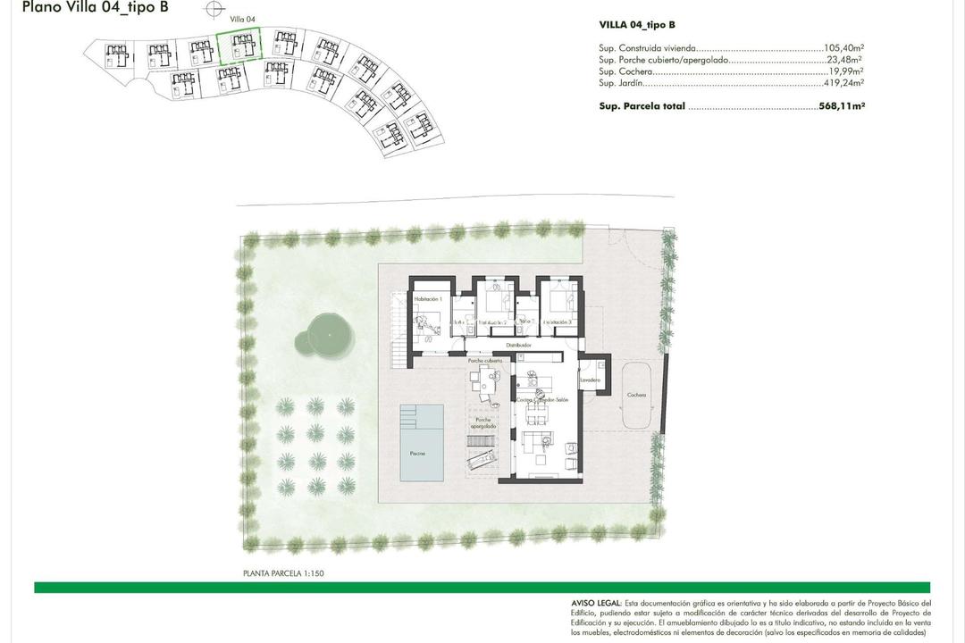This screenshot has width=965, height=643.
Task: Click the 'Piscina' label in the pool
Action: pyautogui.click(x=417, y=454)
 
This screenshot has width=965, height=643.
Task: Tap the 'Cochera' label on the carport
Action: pyautogui.click(x=635, y=395)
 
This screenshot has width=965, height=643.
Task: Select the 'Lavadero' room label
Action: pyautogui.click(x=589, y=380)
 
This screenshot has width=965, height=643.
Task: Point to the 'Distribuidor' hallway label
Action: pyautogui.click(x=519, y=344)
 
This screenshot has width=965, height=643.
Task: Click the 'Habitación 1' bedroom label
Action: pyautogui.click(x=428, y=299)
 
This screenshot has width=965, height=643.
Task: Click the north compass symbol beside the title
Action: pyautogui.click(x=213, y=10)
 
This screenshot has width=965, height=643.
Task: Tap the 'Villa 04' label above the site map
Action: pyautogui.click(x=243, y=19)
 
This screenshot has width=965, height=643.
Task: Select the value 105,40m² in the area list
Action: pyautogui.click(x=844, y=49)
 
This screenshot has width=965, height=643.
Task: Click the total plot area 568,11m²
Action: pyautogui.click(x=842, y=105)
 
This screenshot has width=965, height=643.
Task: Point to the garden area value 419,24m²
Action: pyautogui.click(x=844, y=83)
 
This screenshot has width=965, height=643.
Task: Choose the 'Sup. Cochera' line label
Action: pyautogui.click(x=625, y=71)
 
